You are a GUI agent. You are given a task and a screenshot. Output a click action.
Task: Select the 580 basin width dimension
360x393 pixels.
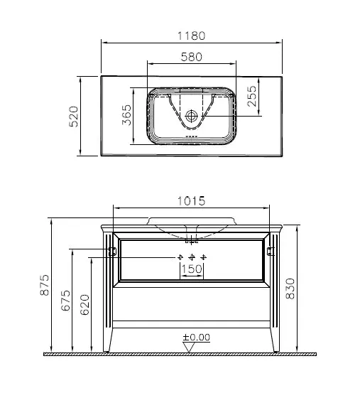[x=191, y=56]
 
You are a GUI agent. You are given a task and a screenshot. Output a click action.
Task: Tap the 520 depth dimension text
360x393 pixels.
[x=73, y=115]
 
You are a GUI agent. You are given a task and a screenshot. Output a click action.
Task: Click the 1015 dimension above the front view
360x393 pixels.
[x=191, y=201]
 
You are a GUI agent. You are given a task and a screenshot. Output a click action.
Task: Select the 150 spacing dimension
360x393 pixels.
[x=192, y=269]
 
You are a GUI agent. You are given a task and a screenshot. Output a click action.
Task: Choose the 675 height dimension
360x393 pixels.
[x=66, y=301]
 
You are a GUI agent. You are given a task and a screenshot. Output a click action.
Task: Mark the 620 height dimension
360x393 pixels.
[x=87, y=304]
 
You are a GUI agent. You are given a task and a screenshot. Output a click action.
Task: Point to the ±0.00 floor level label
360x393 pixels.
[x=196, y=338]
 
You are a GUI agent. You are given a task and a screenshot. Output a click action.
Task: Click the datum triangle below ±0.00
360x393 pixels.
[x=190, y=348]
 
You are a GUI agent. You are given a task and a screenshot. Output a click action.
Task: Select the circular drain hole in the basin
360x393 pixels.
[x=191, y=115]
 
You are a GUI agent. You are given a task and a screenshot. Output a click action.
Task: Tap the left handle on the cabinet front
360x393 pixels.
[x=113, y=250]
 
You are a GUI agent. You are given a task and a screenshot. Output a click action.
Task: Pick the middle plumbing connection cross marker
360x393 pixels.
[x=192, y=256]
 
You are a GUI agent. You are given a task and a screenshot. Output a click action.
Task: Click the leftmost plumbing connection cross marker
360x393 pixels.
[x=180, y=256]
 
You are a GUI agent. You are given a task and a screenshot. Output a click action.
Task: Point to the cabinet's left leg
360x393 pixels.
[x=109, y=340]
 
